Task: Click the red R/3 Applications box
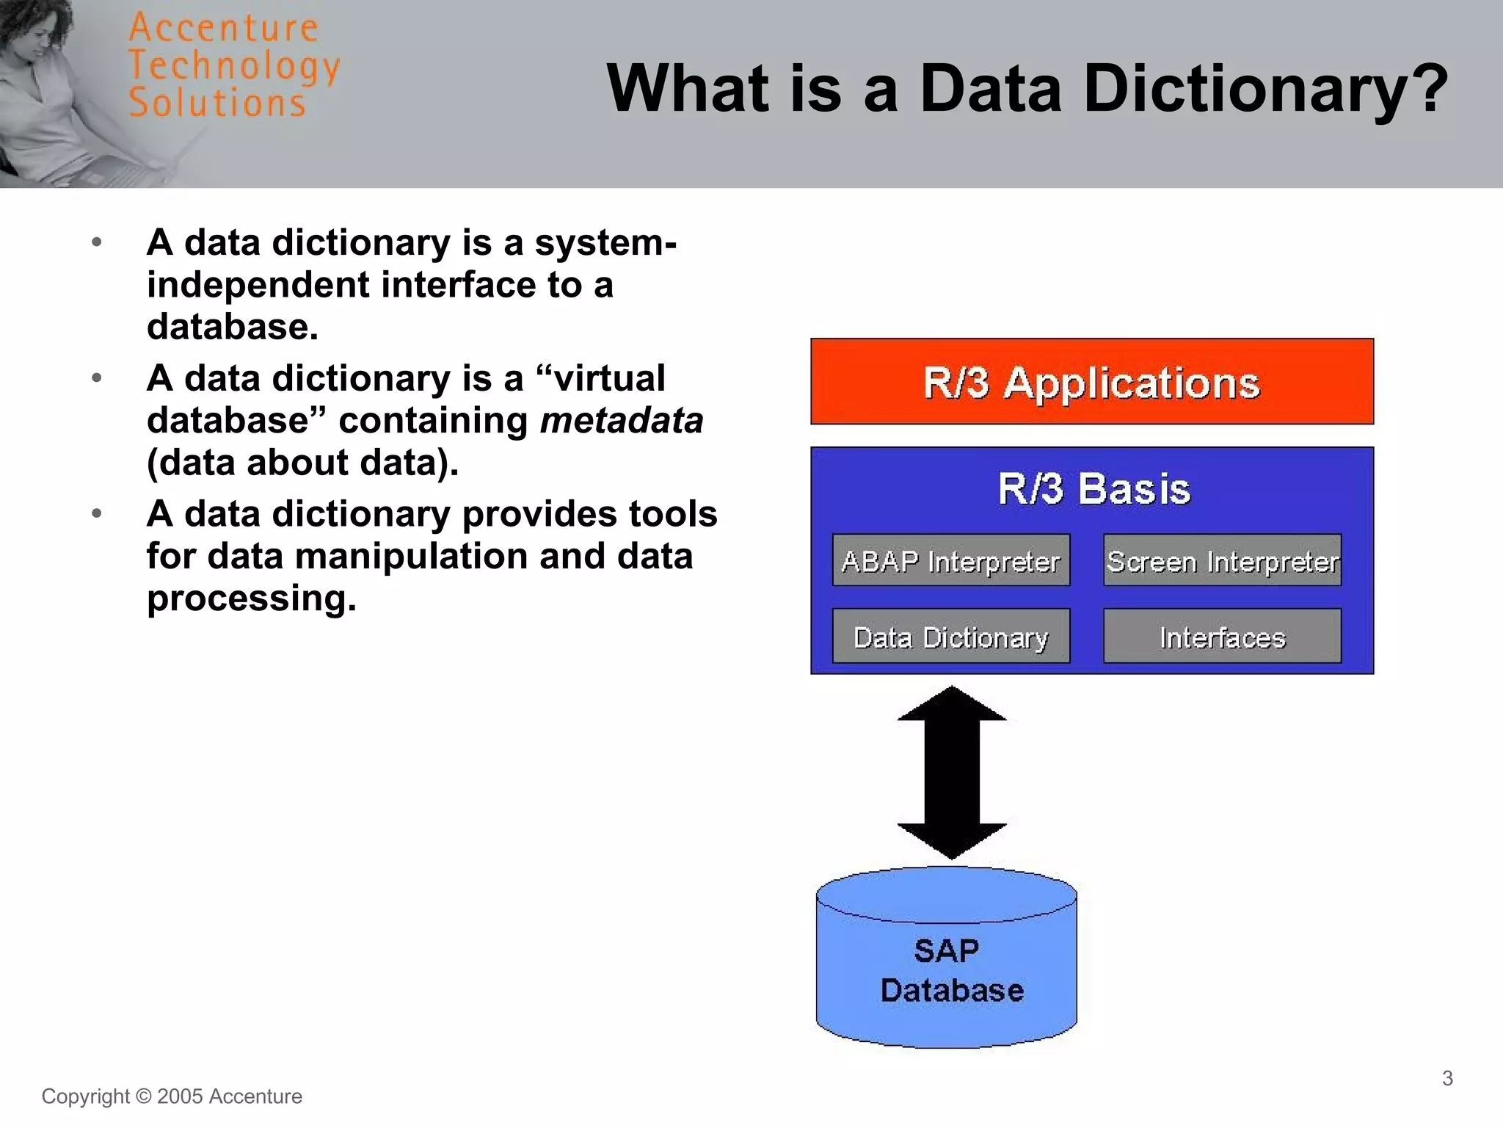[x=1091, y=382]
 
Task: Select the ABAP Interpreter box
[x=950, y=561]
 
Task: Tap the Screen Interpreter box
[x=1222, y=561]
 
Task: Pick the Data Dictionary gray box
[x=950, y=637]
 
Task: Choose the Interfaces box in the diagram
[x=1222, y=637]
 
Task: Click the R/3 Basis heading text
[x=1093, y=488]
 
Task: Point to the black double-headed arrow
[x=951, y=772]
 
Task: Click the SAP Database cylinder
[x=946, y=969]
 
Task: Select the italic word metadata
[x=622, y=421]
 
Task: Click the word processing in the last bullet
[x=251, y=599]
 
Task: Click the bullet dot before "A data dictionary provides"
[x=96, y=513]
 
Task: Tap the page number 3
[x=1447, y=1078]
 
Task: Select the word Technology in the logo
[x=233, y=65]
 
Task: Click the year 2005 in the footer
[x=179, y=1096]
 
